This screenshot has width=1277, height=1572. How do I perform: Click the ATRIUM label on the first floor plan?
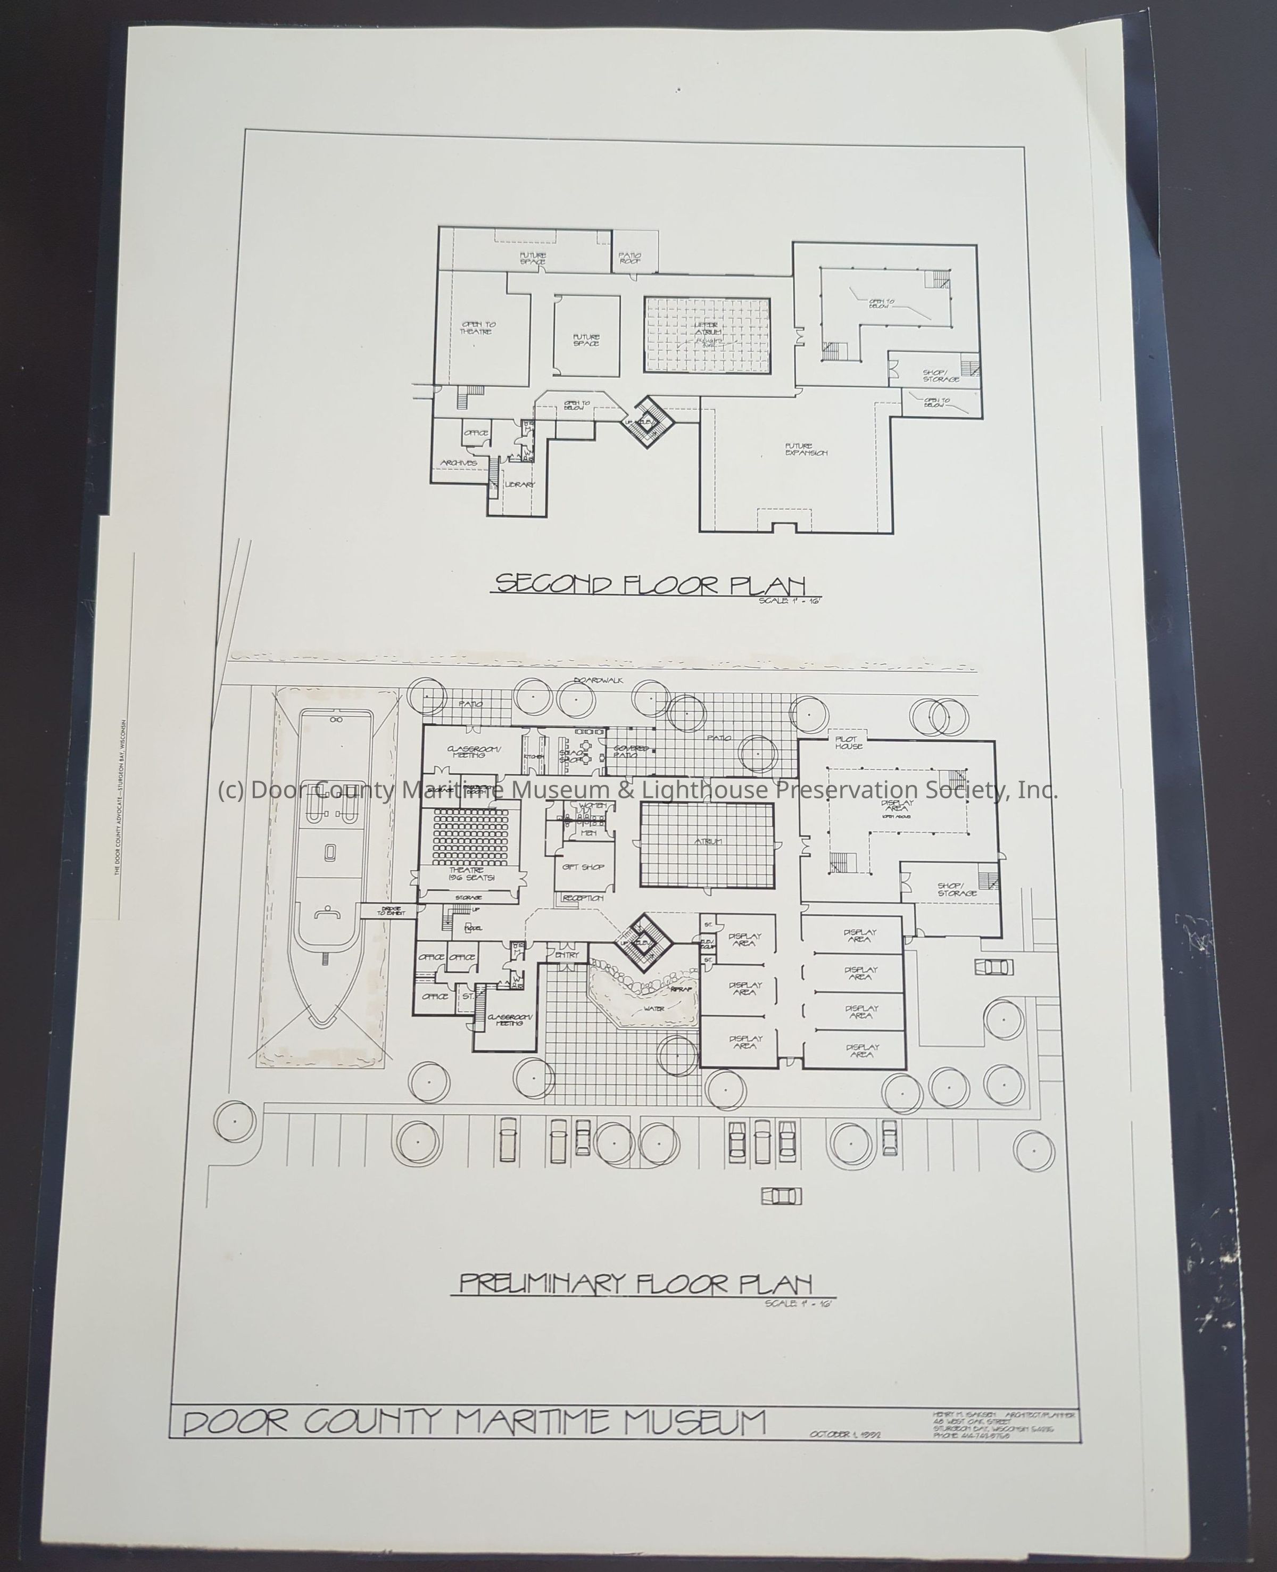pos(708,841)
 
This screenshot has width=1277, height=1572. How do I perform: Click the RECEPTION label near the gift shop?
pos(583,898)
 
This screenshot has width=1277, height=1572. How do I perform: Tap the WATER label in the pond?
pos(654,1008)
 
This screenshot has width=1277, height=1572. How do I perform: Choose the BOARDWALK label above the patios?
pos(600,681)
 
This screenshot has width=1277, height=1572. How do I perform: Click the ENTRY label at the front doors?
pos(567,955)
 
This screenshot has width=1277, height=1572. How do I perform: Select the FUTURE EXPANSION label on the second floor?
pos(806,450)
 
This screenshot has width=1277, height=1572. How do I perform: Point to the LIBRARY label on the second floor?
pos(519,485)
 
